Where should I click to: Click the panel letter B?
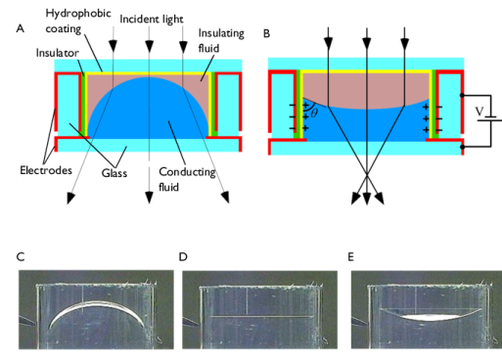[x=267, y=32]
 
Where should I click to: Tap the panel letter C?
[x=21, y=257]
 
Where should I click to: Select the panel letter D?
[x=183, y=257]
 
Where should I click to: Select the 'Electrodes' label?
[x=44, y=169]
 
